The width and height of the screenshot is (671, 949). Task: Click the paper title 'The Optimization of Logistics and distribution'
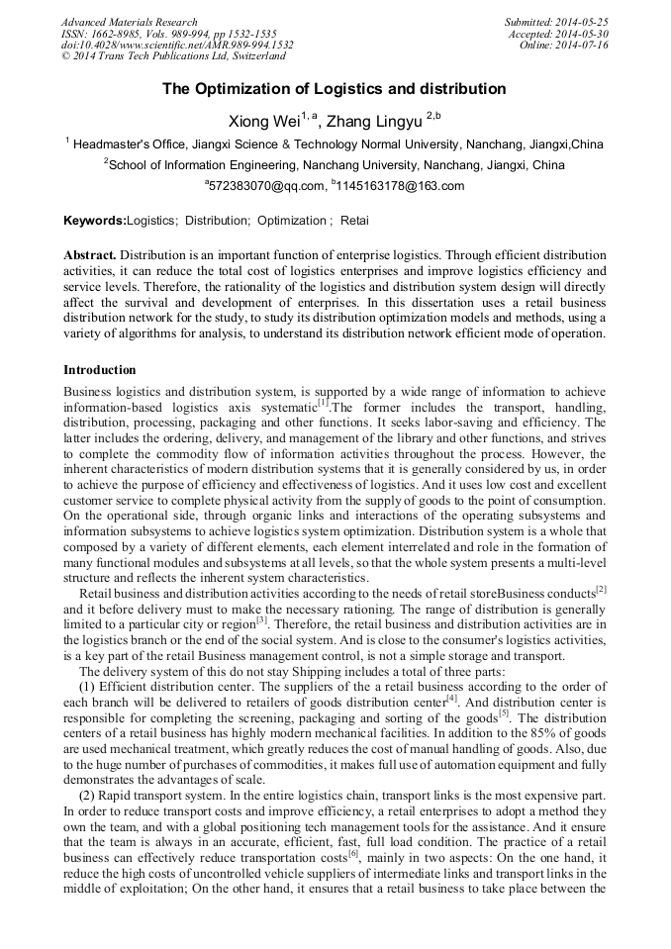335,89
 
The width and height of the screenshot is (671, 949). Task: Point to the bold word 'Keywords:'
95,221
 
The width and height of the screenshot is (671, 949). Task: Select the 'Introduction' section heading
100,370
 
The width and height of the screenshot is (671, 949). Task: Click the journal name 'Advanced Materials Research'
129,22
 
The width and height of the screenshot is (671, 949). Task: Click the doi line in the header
177,46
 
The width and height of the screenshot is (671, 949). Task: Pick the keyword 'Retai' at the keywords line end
354,221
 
